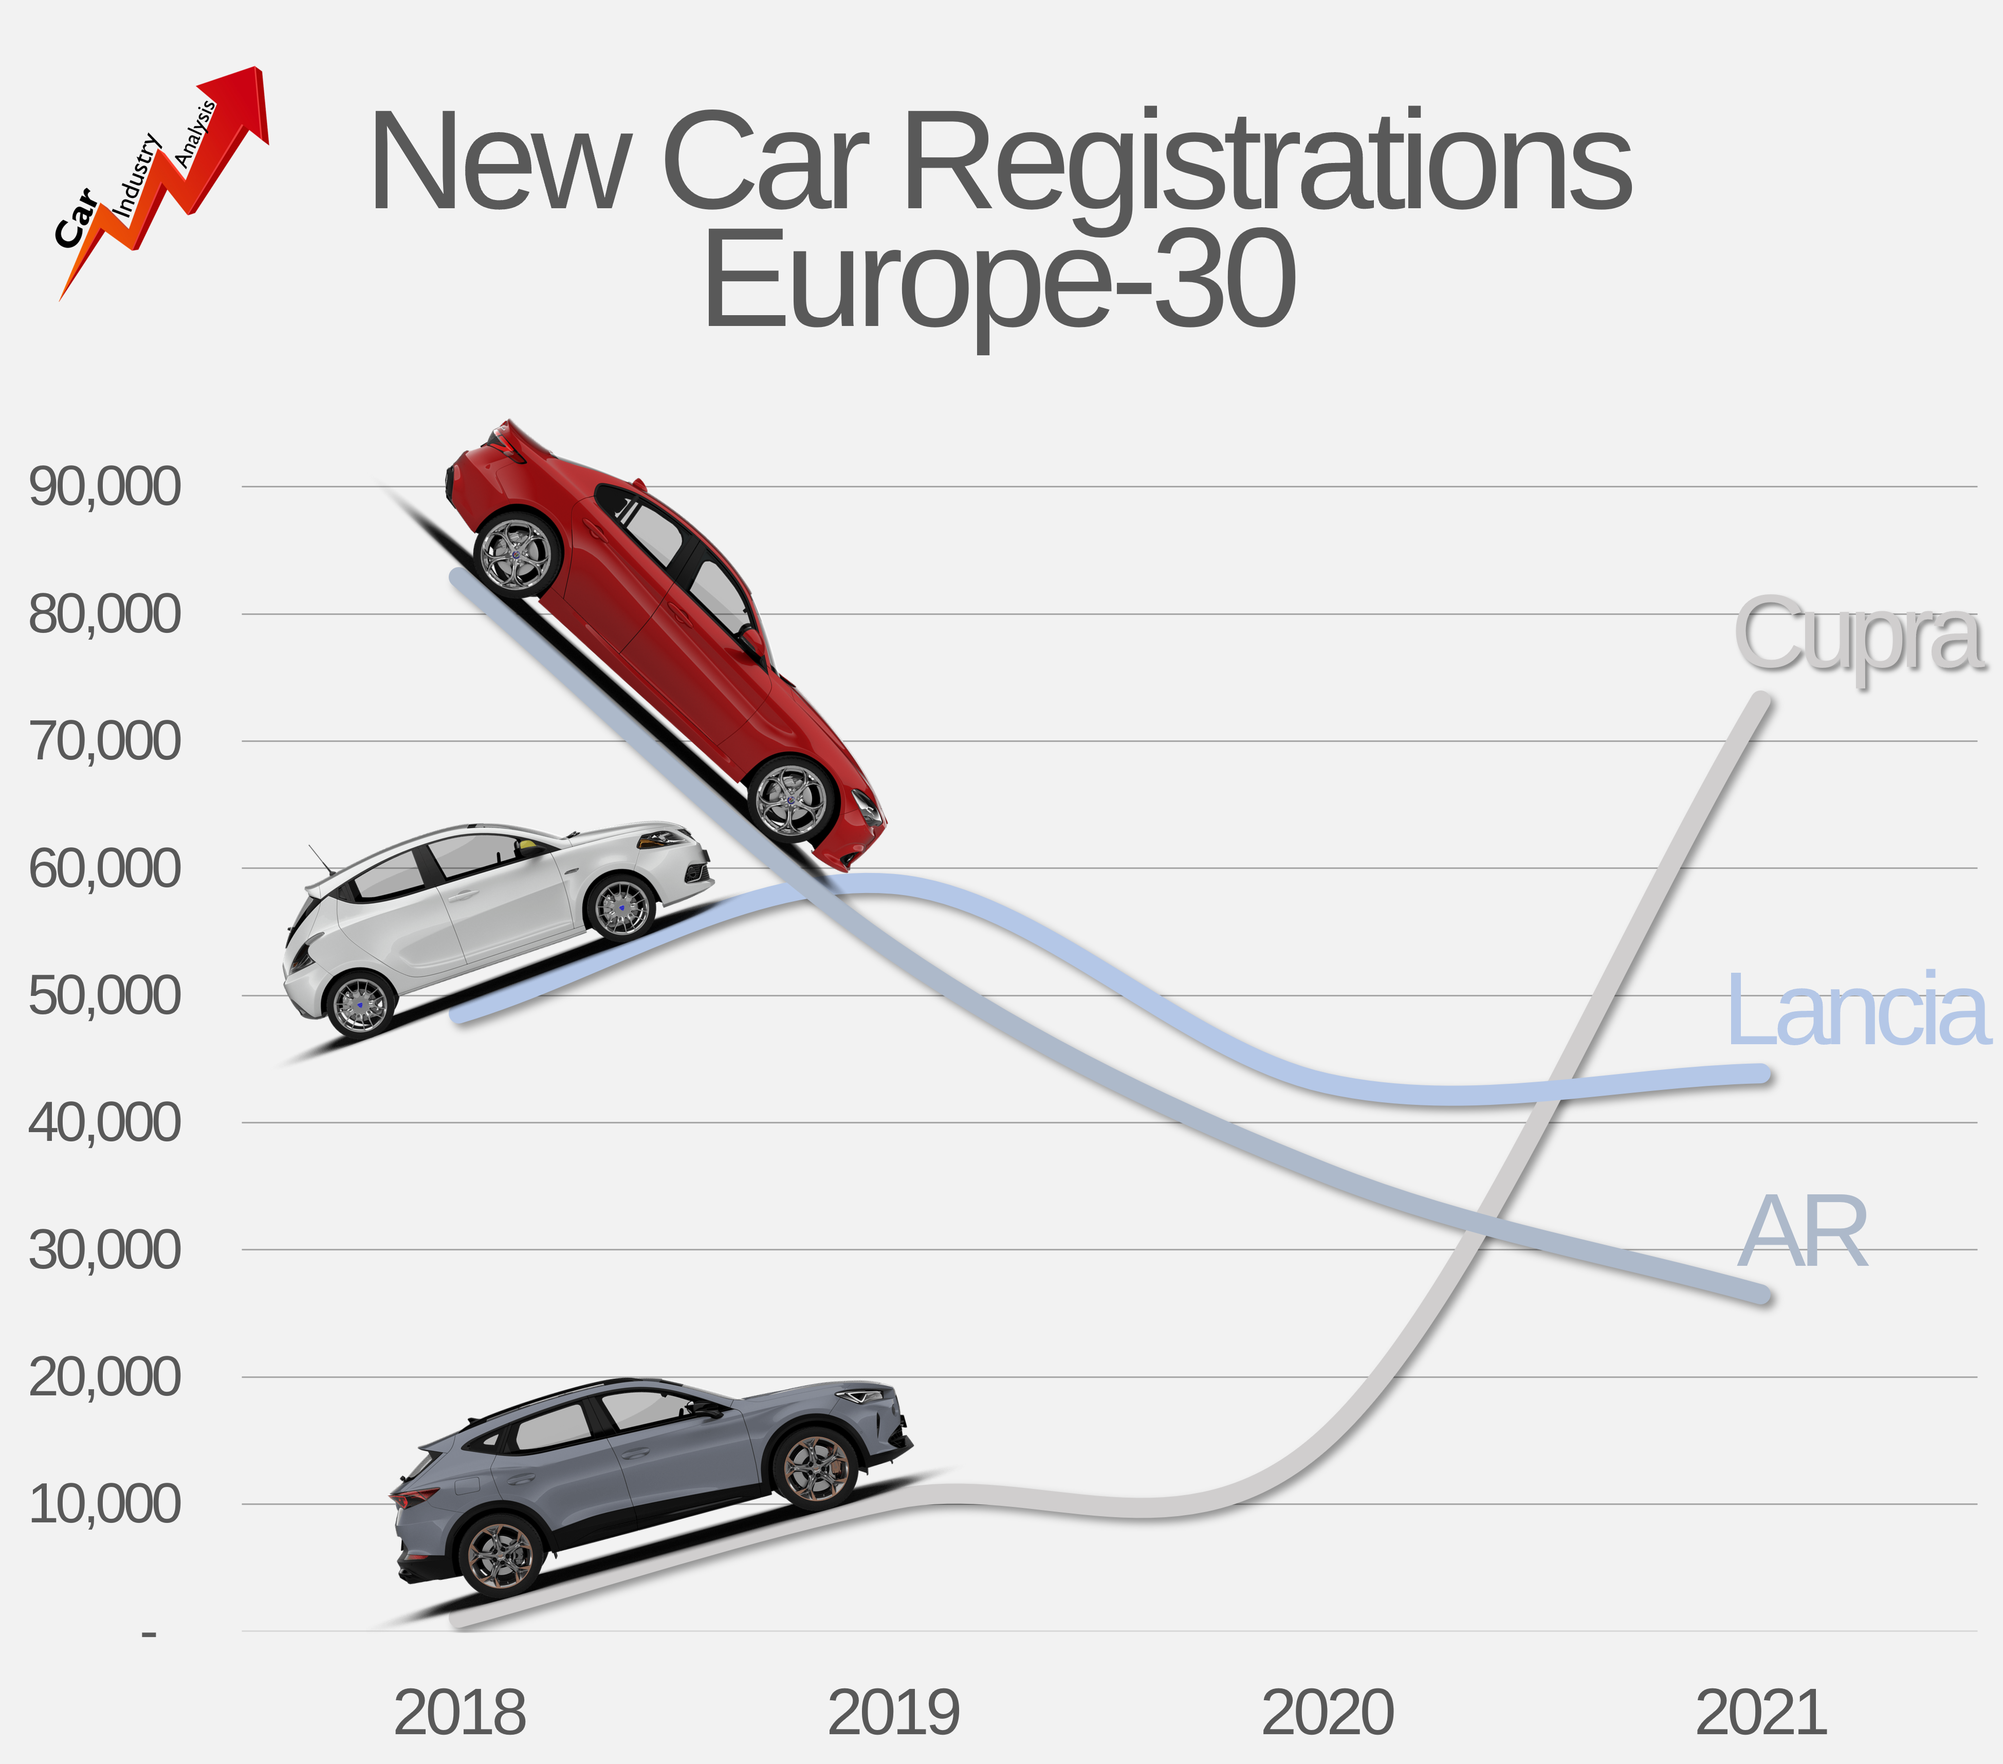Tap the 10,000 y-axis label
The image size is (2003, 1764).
[x=105, y=1504]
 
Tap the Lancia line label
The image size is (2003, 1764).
[x=1857, y=1009]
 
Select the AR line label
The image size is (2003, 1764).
[x=1803, y=1233]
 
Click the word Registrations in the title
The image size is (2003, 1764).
[x=1266, y=162]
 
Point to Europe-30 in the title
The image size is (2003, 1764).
[x=1000, y=279]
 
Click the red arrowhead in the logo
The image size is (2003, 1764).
[x=240, y=98]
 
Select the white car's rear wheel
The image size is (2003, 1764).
[x=361, y=1005]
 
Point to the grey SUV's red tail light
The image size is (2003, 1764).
[x=416, y=1497]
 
